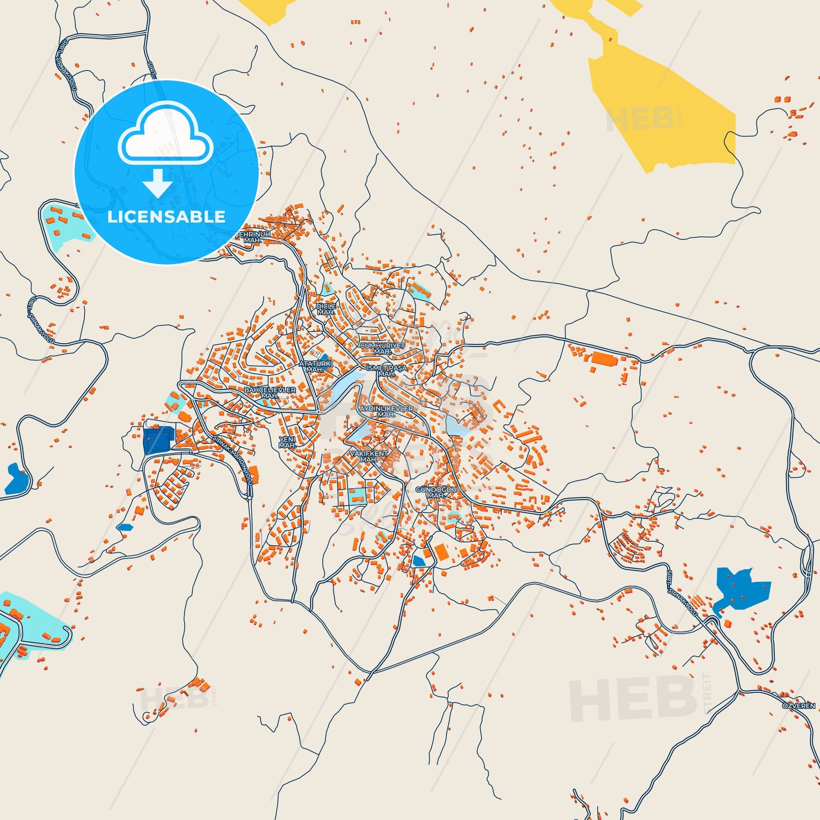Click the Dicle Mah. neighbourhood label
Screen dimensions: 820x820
(327, 309)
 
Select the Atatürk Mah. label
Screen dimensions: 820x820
(315, 367)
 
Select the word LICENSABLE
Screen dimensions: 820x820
(166, 217)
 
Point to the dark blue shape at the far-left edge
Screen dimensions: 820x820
(16, 480)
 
